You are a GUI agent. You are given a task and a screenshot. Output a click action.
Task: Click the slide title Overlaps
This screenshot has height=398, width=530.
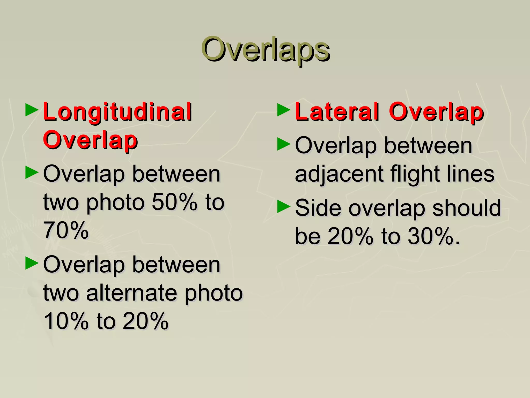pos(265,49)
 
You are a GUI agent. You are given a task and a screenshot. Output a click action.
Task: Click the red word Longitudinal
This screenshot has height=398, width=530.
pos(117,112)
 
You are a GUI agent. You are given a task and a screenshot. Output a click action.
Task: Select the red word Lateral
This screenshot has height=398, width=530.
pos(337,112)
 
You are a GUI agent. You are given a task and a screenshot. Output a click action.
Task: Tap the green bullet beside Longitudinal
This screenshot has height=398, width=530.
pos(32,110)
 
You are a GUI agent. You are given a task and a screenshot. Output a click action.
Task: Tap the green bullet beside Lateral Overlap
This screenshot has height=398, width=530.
pos(284,110)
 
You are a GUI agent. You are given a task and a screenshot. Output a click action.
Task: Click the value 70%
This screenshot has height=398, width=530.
pos(66,230)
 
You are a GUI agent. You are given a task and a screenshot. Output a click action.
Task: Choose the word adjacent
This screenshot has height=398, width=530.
pos(339,174)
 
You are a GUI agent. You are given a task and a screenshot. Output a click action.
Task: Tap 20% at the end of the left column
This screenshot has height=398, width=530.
pos(145,321)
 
